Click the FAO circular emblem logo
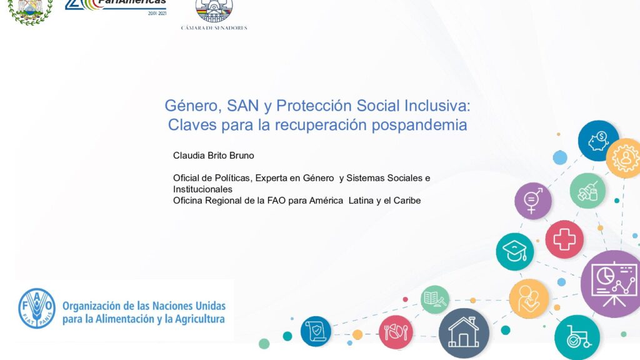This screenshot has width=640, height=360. [x=37, y=308]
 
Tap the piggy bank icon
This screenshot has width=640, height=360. [x=598, y=141]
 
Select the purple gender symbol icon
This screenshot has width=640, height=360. [x=532, y=201]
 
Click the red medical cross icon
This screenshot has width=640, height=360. [x=564, y=239]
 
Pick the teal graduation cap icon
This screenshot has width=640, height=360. [x=515, y=251]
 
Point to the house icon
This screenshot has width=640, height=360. [x=464, y=334]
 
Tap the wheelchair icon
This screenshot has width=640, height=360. [x=577, y=337]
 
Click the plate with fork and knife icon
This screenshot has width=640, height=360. [x=396, y=332]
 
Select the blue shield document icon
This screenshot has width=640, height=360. [x=316, y=331]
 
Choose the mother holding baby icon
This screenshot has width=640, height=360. [x=529, y=299]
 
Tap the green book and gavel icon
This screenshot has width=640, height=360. [x=435, y=299]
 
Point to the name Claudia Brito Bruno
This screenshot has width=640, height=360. [x=214, y=156]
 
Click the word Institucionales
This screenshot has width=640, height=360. [x=202, y=189]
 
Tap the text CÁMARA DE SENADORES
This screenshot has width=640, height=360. [x=214, y=27]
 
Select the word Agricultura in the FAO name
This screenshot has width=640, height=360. [x=200, y=319]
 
